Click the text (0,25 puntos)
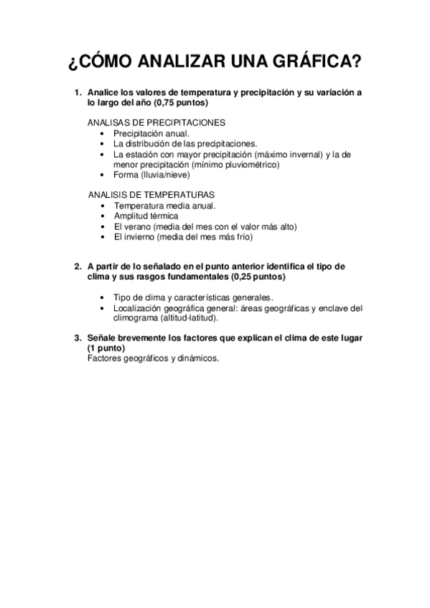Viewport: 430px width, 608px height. [x=251, y=276]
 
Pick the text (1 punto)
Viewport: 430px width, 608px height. [x=106, y=347]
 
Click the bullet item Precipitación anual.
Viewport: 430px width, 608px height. [x=151, y=133]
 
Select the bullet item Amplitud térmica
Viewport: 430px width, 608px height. [x=146, y=216]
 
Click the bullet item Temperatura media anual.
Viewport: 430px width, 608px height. [x=164, y=205]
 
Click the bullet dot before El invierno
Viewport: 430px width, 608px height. [x=105, y=237]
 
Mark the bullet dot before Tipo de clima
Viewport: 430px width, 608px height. [x=105, y=298]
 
